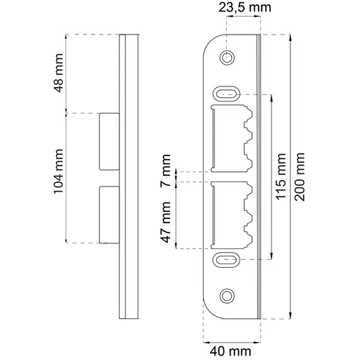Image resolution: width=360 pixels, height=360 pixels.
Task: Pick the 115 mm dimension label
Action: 282,176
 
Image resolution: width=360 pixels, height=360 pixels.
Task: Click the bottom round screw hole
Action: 228,295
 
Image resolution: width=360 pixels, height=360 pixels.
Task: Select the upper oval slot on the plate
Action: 228,92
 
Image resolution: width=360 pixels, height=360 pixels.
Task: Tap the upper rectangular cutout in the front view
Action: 229,138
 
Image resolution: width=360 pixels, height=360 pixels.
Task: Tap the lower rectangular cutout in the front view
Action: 229,214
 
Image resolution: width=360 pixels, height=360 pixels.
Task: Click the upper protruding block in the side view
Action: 108,140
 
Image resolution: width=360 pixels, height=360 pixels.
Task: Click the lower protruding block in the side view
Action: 108,214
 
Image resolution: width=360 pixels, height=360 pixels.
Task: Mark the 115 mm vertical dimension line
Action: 271,216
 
